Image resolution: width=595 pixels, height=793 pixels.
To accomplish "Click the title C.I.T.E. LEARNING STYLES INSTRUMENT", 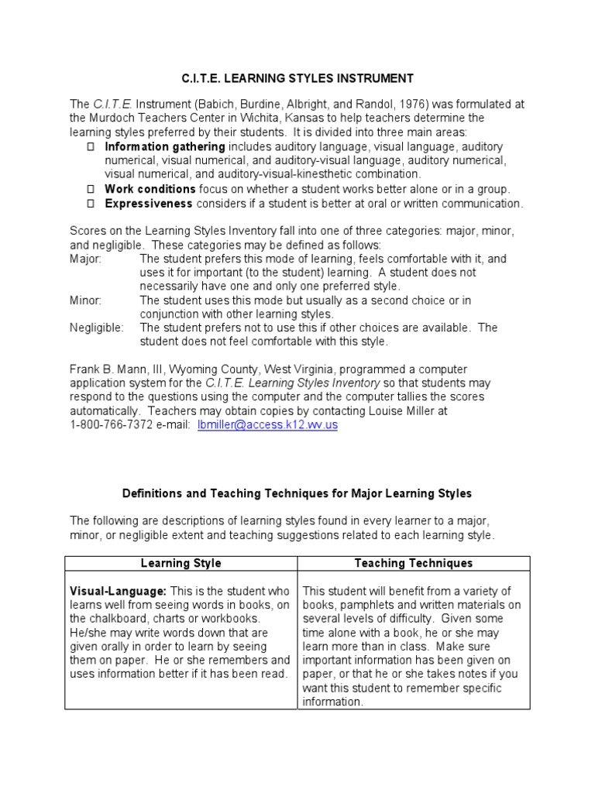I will tap(297, 78).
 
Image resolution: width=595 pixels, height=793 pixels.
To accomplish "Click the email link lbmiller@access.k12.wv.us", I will tap(268, 425).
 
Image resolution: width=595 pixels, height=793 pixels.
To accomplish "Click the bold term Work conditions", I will tap(150, 189).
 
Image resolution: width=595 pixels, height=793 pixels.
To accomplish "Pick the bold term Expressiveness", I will tap(149, 204).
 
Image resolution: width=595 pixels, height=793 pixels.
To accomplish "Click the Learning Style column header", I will tap(181, 563).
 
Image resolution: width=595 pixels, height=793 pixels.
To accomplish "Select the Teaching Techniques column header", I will tap(413, 563).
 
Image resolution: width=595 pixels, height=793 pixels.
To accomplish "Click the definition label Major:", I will tap(85, 259).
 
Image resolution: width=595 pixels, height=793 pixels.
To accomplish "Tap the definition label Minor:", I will tap(85, 300).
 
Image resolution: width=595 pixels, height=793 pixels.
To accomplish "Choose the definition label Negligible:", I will tap(96, 328).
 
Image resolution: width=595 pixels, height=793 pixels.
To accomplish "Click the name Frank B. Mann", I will tap(107, 369).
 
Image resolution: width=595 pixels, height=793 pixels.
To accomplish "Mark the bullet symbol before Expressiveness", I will tap(90, 204).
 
